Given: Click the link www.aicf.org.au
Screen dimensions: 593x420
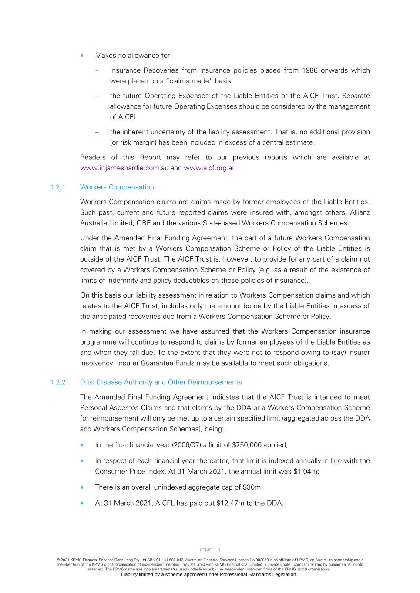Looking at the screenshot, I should coord(210,168).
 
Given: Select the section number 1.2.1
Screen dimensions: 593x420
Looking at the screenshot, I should coord(57,187).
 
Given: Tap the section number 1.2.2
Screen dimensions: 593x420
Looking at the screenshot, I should coord(57,382).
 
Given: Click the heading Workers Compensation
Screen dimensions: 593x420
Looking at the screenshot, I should coord(117,187).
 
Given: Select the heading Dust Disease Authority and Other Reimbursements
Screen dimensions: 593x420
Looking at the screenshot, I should coord(161,382).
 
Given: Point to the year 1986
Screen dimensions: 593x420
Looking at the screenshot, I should coord(309,70).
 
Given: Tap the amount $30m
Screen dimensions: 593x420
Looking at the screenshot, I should coord(252,487).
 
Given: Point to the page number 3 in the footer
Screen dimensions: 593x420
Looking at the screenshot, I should coord(219,550).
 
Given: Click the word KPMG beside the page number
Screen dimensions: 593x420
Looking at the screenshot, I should coord(206,550).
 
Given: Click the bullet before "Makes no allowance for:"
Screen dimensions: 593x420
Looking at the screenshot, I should coord(82,56).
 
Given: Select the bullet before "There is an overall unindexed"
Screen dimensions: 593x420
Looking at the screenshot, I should coord(82,487).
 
